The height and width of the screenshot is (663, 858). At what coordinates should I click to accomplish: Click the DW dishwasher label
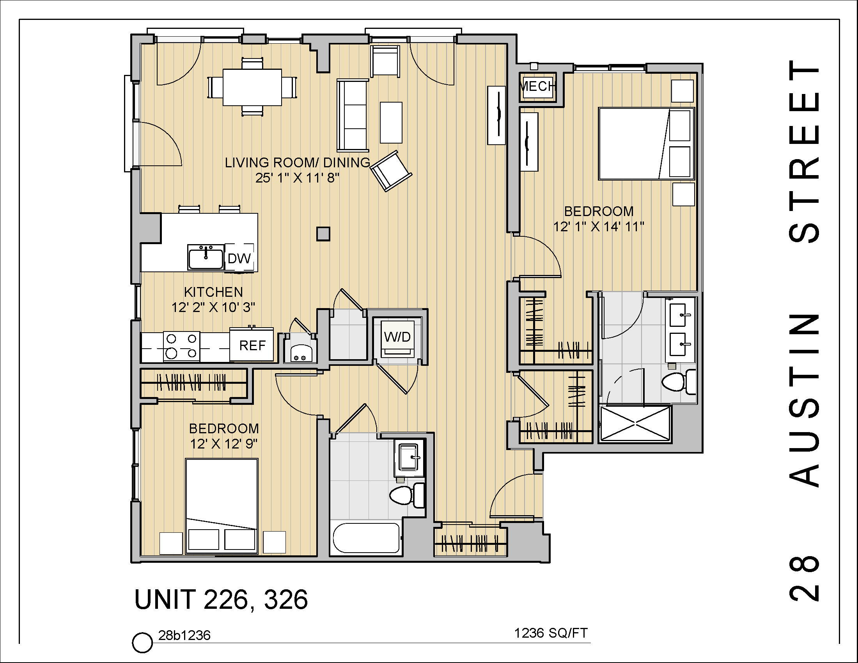pos(239,259)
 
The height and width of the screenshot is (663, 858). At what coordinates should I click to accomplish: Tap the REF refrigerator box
pos(252,345)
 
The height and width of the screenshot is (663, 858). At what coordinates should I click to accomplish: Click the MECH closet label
pos(537,86)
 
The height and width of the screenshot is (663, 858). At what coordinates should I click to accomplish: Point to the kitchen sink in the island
pos(206,257)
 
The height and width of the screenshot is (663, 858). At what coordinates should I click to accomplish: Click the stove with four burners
pos(181,346)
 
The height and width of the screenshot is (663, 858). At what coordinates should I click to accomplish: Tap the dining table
pos(252,87)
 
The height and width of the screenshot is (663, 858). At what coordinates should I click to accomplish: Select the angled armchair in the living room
pos(391,171)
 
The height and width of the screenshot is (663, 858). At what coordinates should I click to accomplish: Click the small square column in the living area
pos(323,234)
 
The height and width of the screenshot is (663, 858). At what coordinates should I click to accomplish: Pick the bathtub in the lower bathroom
pos(366,539)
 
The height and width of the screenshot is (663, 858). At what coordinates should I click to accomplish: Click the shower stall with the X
pos(635,424)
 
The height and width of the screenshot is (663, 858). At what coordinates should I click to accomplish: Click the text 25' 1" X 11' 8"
pos(298,178)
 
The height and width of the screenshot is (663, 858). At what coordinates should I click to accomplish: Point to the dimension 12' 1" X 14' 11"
pos(599,227)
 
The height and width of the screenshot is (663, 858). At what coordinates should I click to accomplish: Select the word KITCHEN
pos(213,292)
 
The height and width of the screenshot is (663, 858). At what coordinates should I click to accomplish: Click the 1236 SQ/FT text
pos(551,633)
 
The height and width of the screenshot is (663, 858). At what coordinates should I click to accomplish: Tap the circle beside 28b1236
pos(142,642)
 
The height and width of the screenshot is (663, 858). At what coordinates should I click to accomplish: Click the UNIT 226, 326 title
pos(221,599)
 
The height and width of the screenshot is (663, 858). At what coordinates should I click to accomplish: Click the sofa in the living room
pos(353,115)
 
